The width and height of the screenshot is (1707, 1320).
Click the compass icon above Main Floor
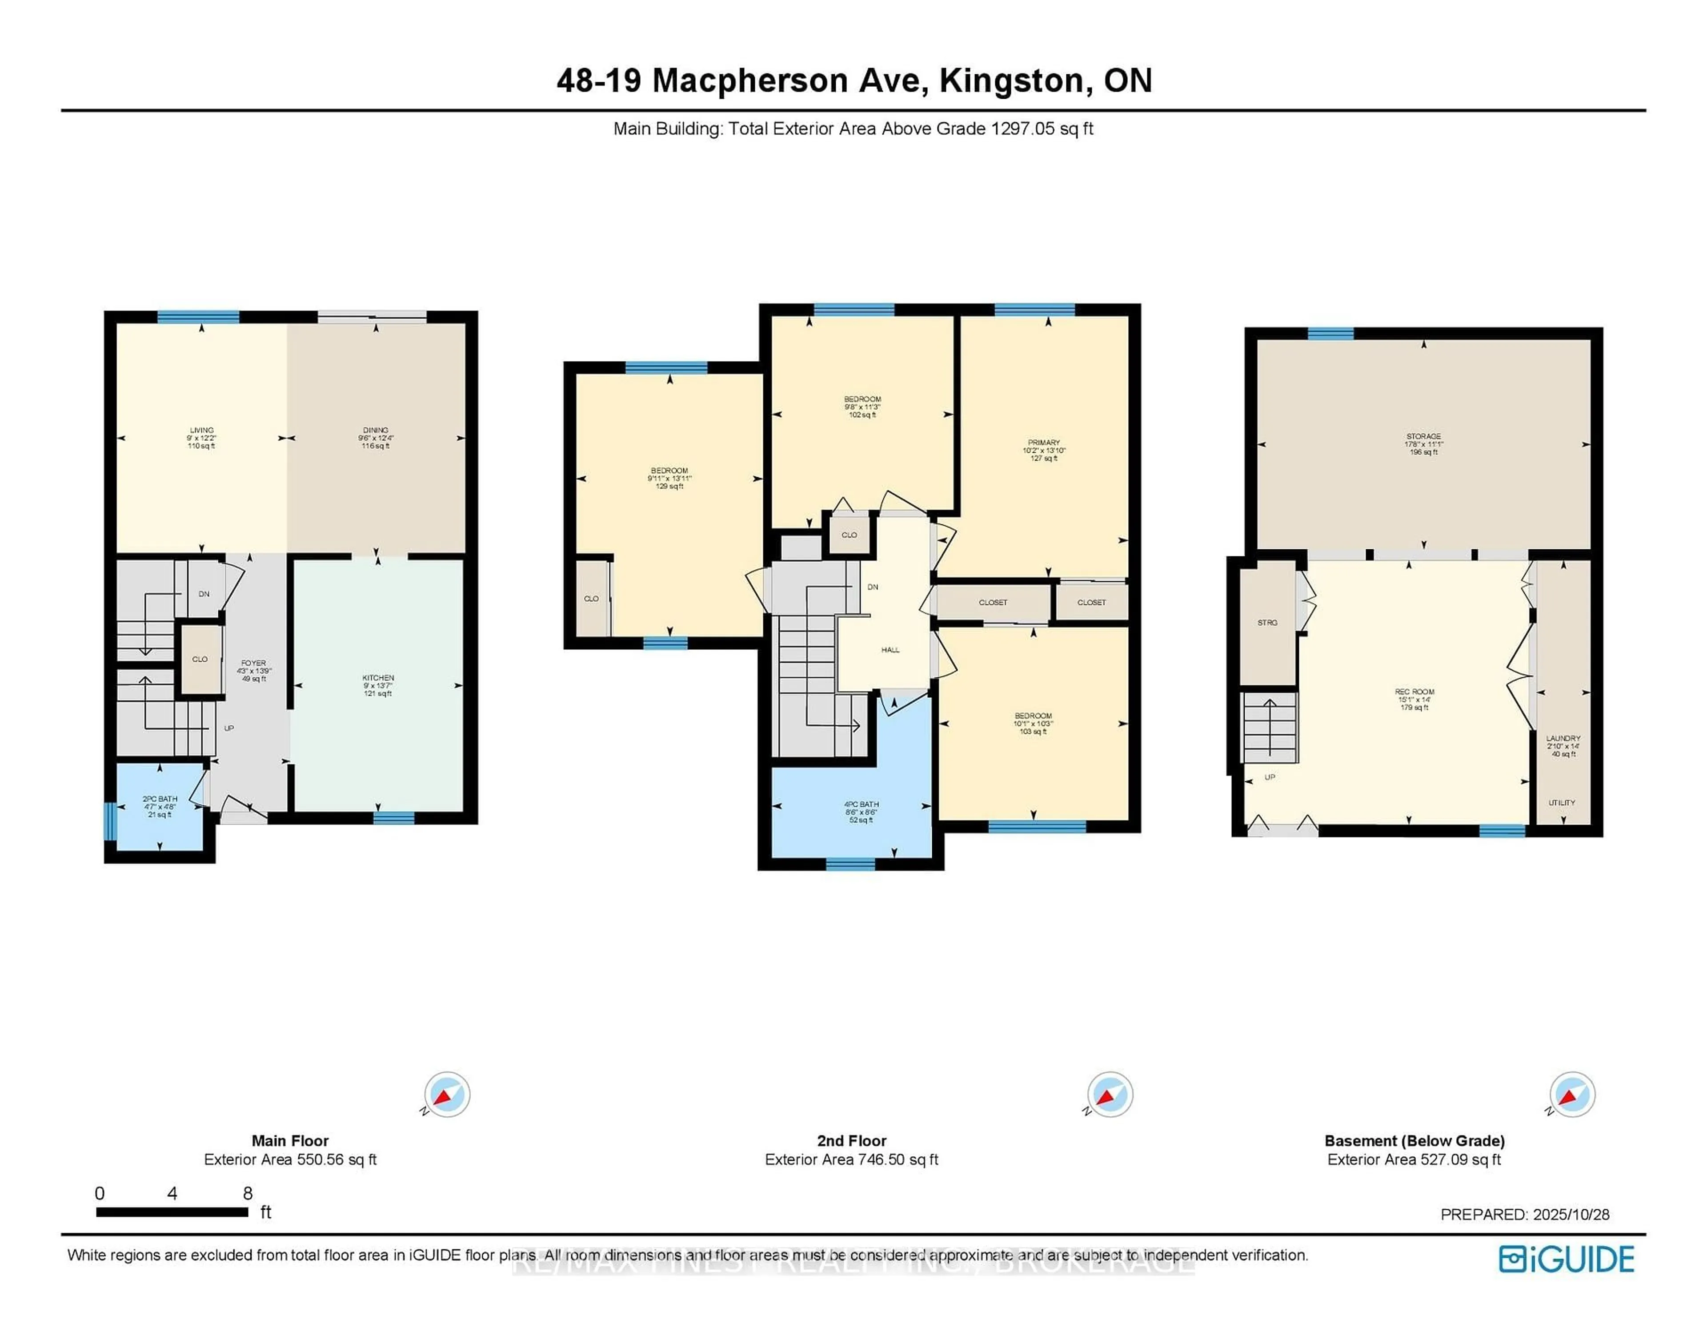tap(447, 1094)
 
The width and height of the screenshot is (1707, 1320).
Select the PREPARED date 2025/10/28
tap(1571, 1215)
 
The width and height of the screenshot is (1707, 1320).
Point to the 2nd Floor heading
tap(851, 1141)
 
